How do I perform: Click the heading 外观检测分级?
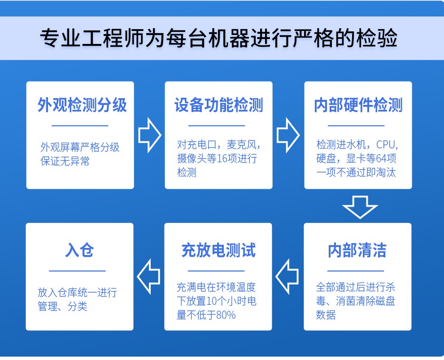[x=82, y=105]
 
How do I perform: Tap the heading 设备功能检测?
[x=218, y=105]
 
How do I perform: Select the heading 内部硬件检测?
[x=358, y=105]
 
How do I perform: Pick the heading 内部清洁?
[x=357, y=251]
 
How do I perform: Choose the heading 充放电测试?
[x=218, y=251]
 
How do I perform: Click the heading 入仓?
[x=79, y=251]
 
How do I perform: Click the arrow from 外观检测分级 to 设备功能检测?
[x=150, y=135]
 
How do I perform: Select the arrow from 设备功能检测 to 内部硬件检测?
[x=288, y=135]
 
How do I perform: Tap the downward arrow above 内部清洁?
[x=360, y=207]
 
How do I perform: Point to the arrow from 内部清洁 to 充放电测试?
[x=287, y=277]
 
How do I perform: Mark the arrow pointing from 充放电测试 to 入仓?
[x=148, y=277]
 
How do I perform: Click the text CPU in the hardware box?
[x=385, y=145]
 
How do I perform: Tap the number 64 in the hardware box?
[x=381, y=159]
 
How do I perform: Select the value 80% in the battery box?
[x=226, y=315]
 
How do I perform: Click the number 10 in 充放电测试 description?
[x=212, y=301]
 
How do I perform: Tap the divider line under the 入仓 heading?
[x=77, y=271]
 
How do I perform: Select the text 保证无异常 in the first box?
[x=65, y=161]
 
